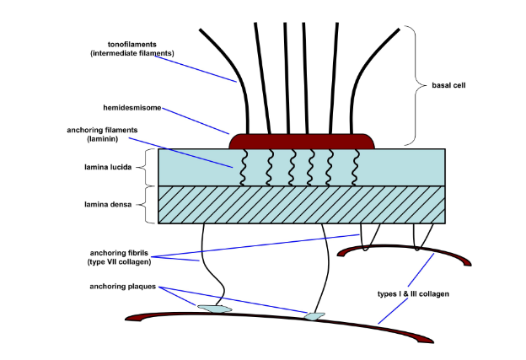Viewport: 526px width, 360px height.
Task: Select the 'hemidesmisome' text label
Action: (x=132, y=108)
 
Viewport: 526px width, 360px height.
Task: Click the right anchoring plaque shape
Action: (x=314, y=317)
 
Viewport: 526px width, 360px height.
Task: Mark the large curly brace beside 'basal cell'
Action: (x=411, y=84)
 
